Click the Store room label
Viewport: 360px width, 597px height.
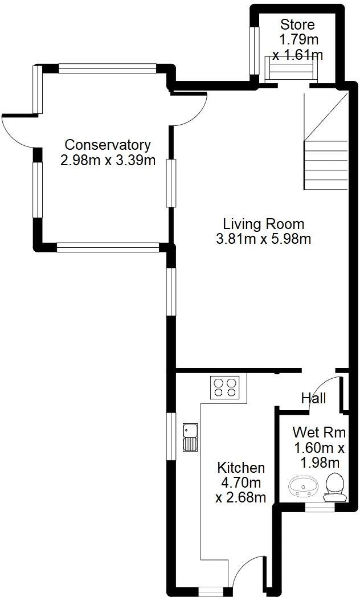(x=297, y=25)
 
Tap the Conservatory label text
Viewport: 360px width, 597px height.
(x=108, y=145)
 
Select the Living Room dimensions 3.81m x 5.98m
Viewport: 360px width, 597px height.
(x=263, y=239)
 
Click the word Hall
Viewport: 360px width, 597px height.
(x=313, y=398)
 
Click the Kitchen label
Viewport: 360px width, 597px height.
(x=241, y=468)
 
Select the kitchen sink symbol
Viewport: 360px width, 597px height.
(x=190, y=437)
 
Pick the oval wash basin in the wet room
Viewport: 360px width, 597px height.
(x=303, y=488)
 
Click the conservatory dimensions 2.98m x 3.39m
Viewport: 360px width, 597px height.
(x=108, y=160)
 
